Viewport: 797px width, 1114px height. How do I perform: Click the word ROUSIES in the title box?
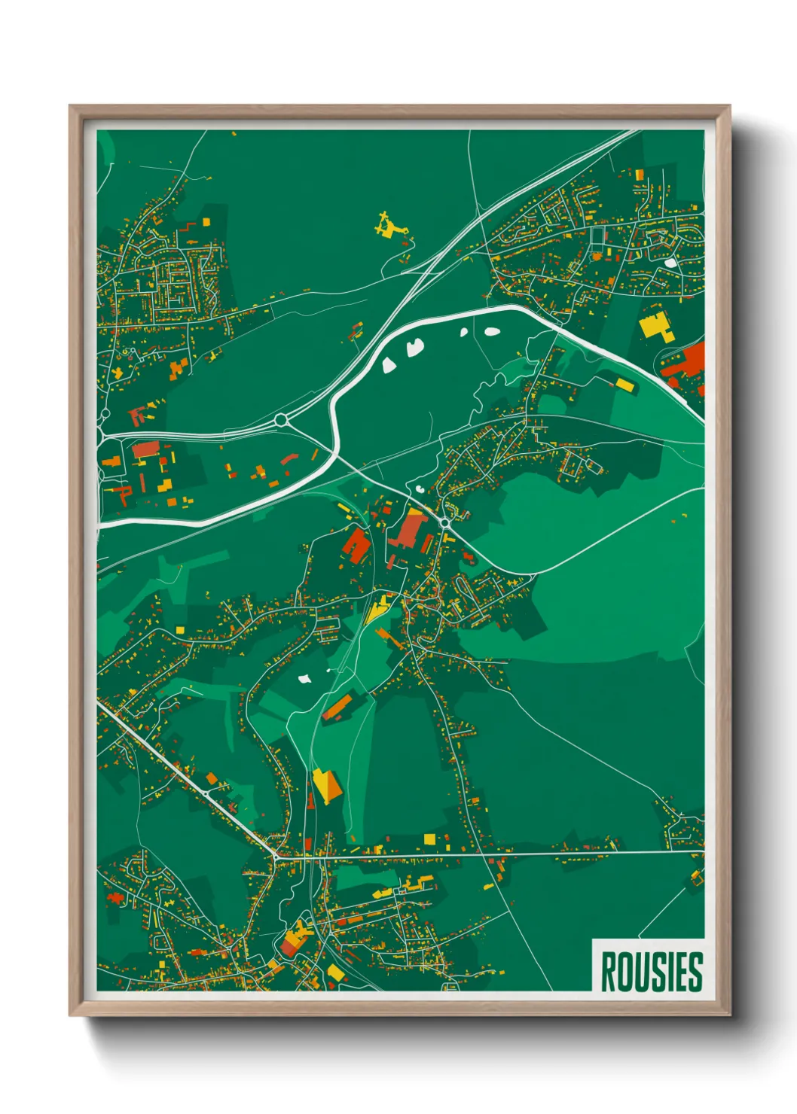652,972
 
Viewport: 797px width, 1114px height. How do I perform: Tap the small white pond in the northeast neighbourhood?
670,263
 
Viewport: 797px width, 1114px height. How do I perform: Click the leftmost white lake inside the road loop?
389,365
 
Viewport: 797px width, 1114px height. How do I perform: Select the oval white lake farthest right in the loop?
492,330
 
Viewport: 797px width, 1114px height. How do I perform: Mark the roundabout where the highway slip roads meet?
282,420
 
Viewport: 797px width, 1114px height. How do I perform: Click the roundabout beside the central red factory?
445,522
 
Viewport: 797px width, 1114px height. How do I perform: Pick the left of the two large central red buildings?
356,544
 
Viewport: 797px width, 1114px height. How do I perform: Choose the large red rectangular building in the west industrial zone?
145,449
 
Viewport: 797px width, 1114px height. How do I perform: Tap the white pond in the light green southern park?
305,679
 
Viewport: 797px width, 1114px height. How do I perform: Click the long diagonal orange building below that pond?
338,707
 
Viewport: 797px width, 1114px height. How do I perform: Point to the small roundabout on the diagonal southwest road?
206,793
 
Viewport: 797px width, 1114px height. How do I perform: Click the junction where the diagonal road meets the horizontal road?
277,856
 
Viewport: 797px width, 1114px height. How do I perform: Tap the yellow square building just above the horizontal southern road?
429,839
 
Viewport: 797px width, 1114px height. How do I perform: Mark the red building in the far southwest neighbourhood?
115,897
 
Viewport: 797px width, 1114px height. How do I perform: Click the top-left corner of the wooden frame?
71,107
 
